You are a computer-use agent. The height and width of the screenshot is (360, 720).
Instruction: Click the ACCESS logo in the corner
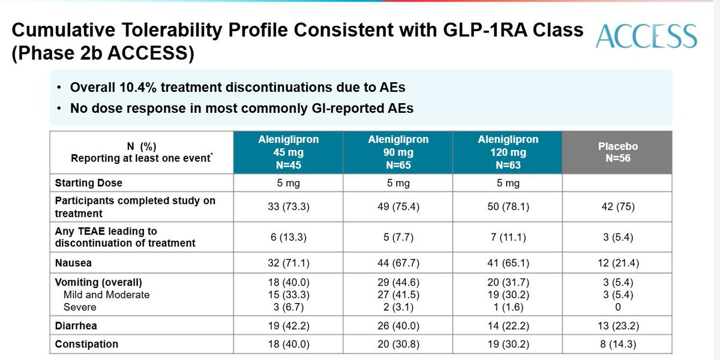tap(646, 36)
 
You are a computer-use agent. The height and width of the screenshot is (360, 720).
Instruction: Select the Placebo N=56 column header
tap(618, 152)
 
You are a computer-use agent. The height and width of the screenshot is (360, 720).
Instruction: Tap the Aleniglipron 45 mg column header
tap(289, 152)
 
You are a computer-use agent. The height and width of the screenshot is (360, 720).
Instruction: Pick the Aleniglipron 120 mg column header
tap(508, 152)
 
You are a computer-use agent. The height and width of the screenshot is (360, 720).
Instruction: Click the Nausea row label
tap(73, 263)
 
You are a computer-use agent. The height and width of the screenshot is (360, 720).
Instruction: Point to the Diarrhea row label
tap(76, 326)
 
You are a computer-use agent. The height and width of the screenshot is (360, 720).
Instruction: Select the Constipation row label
tap(86, 344)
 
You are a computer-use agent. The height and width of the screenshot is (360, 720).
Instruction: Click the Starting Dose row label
tap(89, 183)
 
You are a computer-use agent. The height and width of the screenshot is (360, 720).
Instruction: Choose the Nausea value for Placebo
tap(618, 263)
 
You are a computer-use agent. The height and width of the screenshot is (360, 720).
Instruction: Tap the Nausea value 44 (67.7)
tap(398, 263)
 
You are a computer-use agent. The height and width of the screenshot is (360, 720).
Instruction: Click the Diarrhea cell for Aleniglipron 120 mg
tap(508, 326)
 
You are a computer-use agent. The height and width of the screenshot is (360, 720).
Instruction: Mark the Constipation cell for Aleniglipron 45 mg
tap(289, 344)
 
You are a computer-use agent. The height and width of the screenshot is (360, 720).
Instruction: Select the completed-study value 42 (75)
tap(618, 206)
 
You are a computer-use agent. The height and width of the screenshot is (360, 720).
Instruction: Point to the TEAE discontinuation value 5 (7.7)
tap(398, 237)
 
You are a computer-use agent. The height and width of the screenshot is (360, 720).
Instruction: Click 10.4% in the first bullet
tap(137, 88)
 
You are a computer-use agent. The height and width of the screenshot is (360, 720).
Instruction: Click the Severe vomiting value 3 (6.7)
tap(289, 307)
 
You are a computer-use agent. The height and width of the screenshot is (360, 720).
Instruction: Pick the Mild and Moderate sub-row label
tap(106, 295)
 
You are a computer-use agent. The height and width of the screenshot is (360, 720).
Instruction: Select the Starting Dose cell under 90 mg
tap(398, 183)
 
